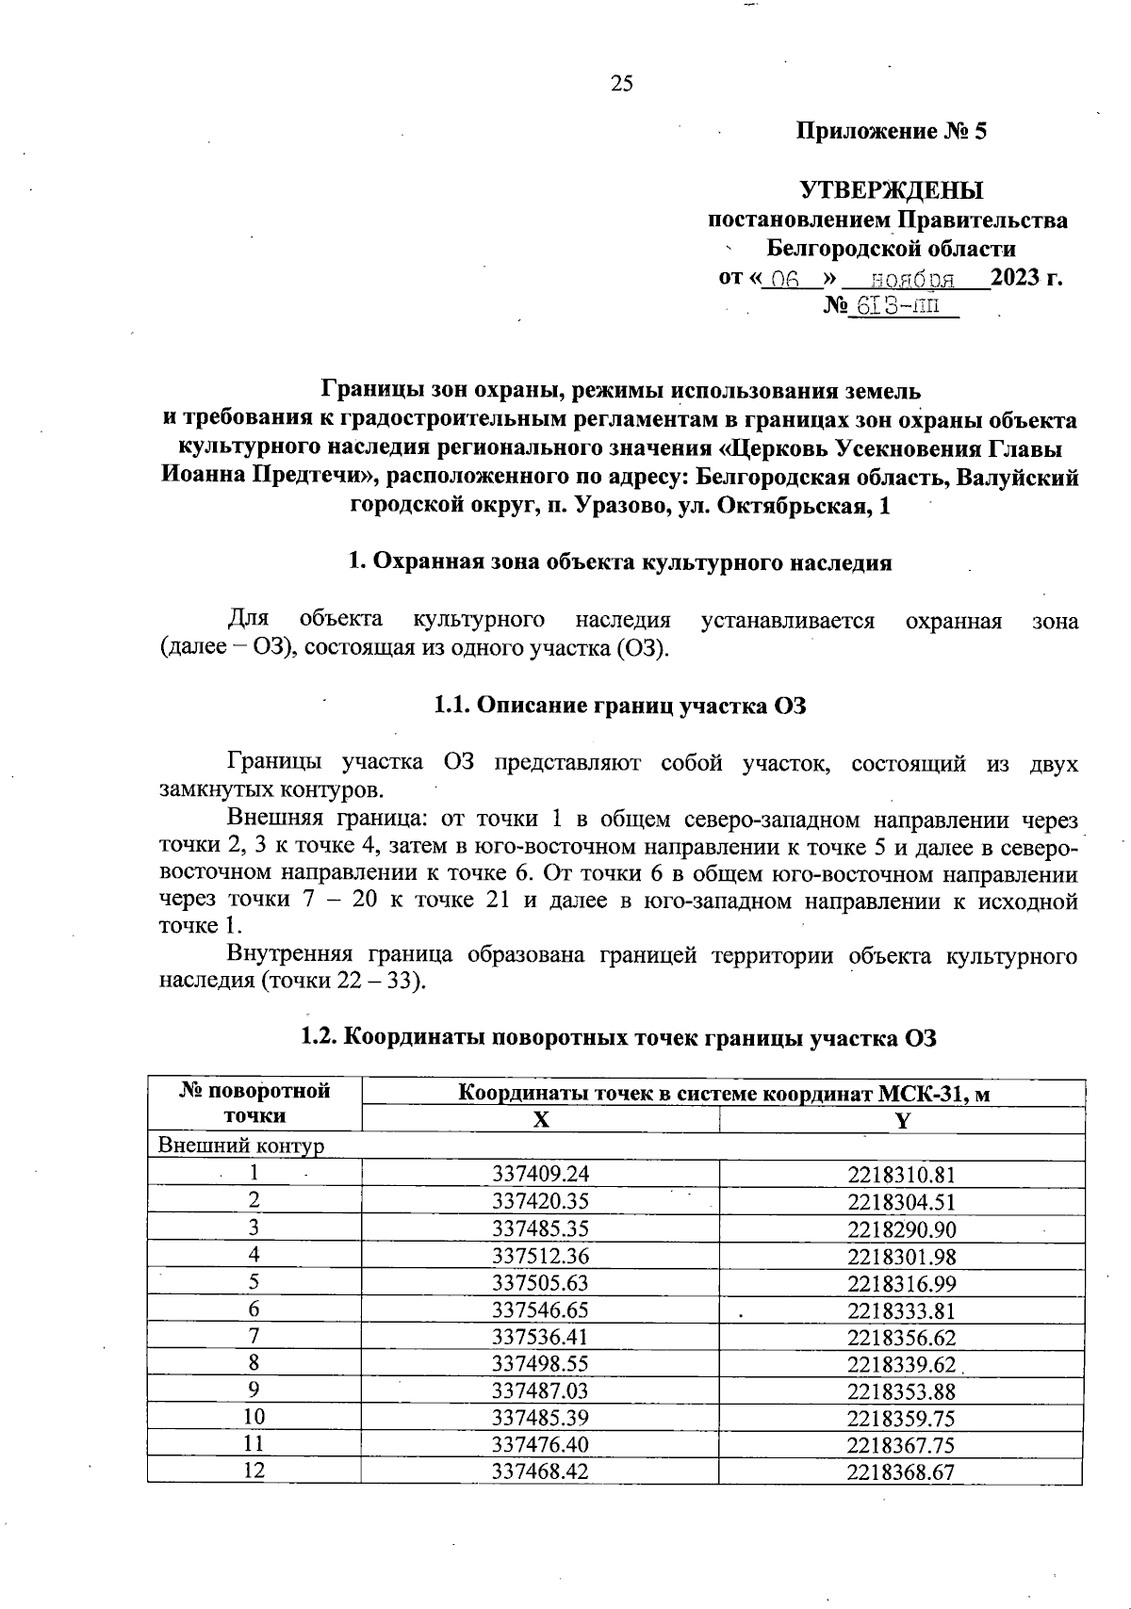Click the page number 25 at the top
click(622, 84)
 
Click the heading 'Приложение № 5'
click(892, 131)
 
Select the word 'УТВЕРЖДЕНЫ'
click(892, 190)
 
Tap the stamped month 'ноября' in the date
click(911, 279)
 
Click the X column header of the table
click(540, 1120)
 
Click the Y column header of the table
click(902, 1120)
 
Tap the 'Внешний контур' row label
click(241, 1146)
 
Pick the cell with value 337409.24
click(540, 1174)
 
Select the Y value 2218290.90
click(901, 1228)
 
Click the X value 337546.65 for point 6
click(540, 1309)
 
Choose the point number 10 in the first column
click(254, 1417)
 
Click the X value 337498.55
click(540, 1363)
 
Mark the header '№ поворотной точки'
click(254, 1104)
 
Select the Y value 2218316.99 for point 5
click(901, 1282)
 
